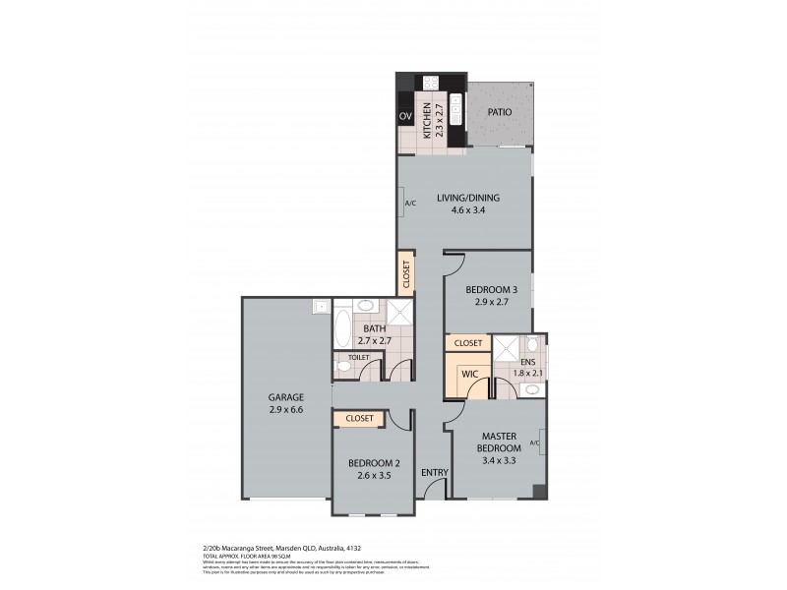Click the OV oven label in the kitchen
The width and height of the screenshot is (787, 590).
click(x=405, y=117)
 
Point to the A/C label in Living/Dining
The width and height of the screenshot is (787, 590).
click(x=410, y=204)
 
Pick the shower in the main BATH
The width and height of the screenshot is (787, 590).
click(x=399, y=314)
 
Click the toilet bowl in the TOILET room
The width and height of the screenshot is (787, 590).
click(x=343, y=367)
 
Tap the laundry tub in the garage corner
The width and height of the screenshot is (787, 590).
click(x=321, y=308)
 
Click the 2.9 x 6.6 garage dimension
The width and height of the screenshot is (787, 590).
click(x=286, y=410)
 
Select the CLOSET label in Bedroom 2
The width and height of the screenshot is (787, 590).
click(x=360, y=419)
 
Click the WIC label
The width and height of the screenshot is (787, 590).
click(x=469, y=374)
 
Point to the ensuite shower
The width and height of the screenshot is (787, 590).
click(x=506, y=345)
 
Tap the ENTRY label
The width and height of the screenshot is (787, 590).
click(x=435, y=473)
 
